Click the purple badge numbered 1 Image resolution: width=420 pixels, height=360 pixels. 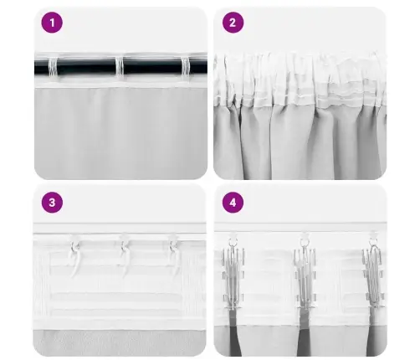[x=52, y=23]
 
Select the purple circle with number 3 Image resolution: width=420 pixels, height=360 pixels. [x=52, y=203]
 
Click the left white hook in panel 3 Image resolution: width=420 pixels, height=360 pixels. [x=74, y=249]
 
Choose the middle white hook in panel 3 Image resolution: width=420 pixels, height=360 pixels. [x=124, y=249]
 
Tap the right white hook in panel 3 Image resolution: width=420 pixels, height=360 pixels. [x=173, y=249]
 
